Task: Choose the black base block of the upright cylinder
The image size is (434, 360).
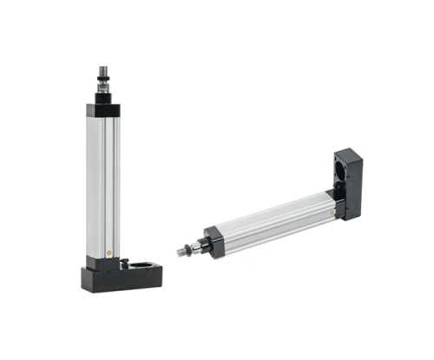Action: point(122,277)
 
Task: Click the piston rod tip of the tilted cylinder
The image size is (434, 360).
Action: point(178,252)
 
